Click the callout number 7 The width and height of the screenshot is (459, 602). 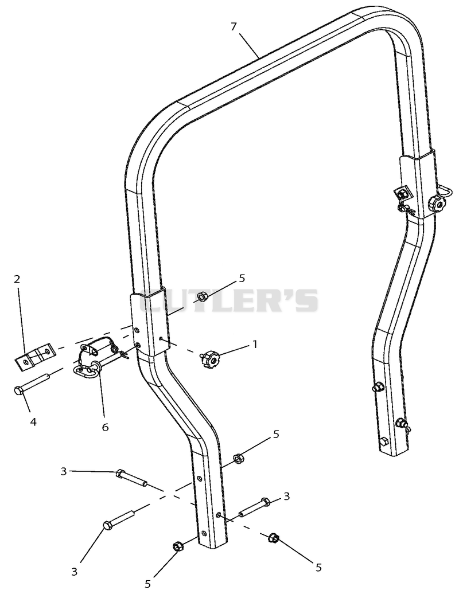pos(234,26)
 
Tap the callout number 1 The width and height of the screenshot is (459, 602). pos(254,344)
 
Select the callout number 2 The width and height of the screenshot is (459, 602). pos(17,279)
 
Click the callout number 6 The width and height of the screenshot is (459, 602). pos(105,427)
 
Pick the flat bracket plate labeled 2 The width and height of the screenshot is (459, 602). pos(33,356)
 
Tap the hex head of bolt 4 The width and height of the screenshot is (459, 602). pos(18,391)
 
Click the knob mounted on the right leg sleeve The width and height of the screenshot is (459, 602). pos(435,202)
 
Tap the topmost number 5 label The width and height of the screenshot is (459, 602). pos(242,278)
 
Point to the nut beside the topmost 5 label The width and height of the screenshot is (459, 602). pos(201,296)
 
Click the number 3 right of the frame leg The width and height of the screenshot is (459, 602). pos(286,496)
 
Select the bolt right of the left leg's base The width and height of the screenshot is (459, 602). pos(254,507)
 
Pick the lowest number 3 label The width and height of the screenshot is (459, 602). pos(75,572)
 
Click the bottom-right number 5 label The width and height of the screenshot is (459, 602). pos(318,567)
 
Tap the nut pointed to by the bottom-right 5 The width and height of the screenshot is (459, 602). pos(273,538)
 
